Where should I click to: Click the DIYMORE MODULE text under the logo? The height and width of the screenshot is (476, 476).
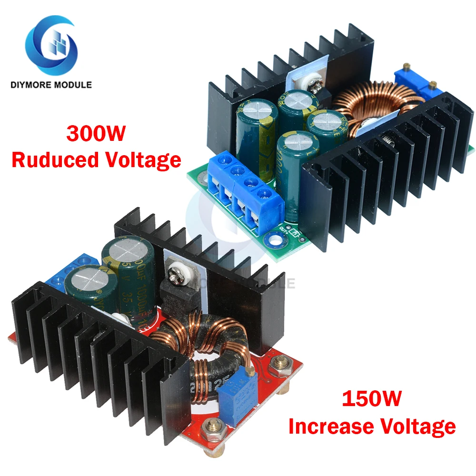click(50, 85)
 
